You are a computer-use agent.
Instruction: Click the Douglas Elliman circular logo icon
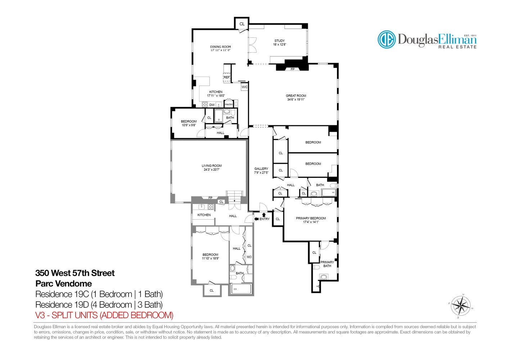click(x=387, y=39)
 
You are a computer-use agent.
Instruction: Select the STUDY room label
click(x=279, y=41)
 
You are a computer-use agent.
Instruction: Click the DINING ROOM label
click(x=220, y=47)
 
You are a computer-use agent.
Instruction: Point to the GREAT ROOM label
click(x=296, y=96)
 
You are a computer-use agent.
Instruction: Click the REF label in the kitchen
click(x=226, y=77)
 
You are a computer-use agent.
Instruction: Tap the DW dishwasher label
click(x=212, y=105)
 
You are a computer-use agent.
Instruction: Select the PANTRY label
click(x=229, y=104)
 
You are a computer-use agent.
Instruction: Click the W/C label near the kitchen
click(x=244, y=87)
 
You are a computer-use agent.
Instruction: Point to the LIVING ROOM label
click(x=212, y=166)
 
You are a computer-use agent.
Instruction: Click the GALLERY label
click(x=261, y=169)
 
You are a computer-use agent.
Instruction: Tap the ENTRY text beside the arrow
click(x=265, y=219)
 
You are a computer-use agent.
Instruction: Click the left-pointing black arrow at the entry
click(x=256, y=219)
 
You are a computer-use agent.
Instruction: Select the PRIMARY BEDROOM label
click(x=311, y=218)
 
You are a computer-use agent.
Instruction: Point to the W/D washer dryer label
click(x=249, y=257)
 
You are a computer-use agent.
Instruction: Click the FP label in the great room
click(x=292, y=69)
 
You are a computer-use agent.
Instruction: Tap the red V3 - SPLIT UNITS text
click(x=104, y=315)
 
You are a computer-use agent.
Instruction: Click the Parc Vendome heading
click(x=64, y=284)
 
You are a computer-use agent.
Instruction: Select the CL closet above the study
click(x=242, y=24)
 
